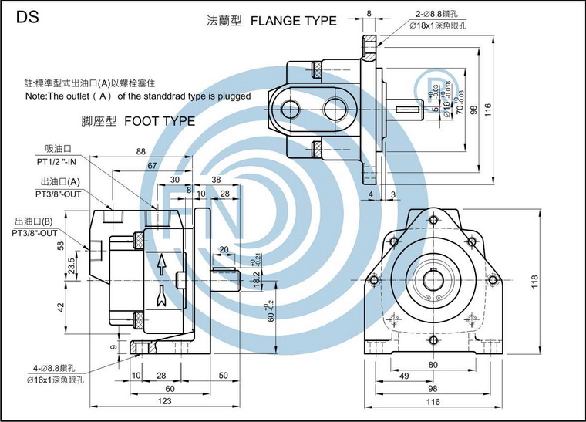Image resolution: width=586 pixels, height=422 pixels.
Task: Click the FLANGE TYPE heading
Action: pos(294,21)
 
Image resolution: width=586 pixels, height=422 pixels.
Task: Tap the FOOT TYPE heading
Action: pos(159,121)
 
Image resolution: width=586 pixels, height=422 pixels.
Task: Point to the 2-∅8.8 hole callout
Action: pos(439,14)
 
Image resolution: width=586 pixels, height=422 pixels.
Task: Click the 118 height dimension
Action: pos(534,283)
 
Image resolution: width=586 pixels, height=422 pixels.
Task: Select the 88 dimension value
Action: pos(140,152)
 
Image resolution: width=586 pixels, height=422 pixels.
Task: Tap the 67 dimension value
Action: pos(153,165)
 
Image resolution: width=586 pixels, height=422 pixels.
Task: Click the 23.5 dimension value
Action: pos(72,265)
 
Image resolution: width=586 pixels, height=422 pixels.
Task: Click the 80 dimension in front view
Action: pos(433,364)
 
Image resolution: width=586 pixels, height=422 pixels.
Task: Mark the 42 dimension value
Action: pos(60,306)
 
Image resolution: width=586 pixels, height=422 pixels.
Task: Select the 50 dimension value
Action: pos(223,375)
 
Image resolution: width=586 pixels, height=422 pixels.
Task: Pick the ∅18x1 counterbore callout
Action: pos(442,25)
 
